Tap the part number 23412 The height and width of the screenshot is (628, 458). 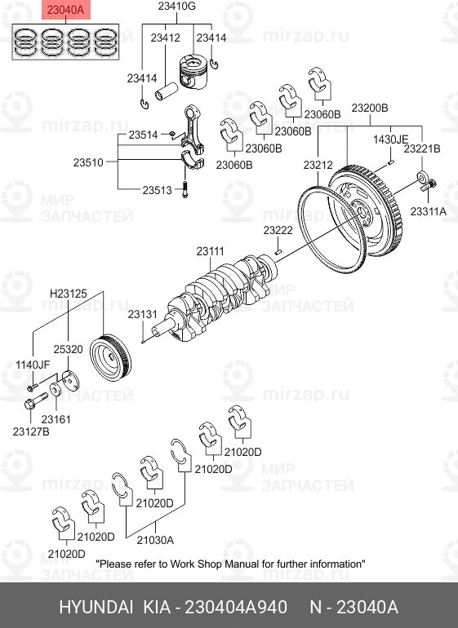165,38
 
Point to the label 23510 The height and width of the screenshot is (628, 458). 87,162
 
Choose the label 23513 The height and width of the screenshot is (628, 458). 157,190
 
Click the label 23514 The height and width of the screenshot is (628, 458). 145,135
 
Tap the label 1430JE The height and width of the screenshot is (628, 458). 390,139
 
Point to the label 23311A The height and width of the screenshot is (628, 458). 429,211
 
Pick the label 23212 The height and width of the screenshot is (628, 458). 318,165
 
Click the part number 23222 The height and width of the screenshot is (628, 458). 278,231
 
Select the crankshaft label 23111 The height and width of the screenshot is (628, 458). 210,251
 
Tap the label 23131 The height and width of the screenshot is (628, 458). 142,314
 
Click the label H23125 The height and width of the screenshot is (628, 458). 67,292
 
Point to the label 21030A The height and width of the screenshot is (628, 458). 154,539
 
